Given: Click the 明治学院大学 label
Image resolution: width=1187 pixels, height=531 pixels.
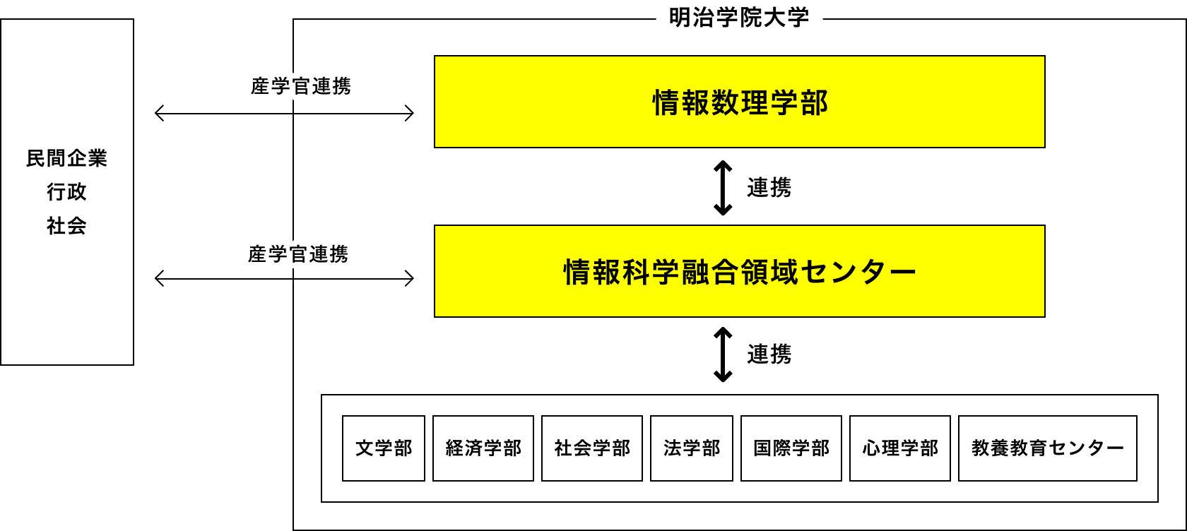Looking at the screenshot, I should coord(738,18).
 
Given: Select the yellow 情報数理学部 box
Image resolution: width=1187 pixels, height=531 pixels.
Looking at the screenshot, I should coord(739,102).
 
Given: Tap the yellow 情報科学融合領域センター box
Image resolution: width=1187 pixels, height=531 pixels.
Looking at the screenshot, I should coord(739,271).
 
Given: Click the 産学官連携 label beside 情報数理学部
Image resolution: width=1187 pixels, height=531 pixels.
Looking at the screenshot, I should coord(300,86).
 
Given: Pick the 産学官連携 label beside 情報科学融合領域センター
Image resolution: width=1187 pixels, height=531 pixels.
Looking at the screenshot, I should coord(298,254).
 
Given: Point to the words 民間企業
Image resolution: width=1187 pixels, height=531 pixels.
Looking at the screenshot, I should coord(66,158).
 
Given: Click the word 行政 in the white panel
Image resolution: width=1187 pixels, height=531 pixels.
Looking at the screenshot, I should coord(66,192).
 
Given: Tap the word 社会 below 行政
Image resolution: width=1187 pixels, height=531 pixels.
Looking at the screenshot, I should coord(66,226).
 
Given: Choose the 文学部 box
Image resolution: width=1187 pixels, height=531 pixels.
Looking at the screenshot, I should coord(384,448).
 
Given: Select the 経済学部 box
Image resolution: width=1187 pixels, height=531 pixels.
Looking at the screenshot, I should coord(483,448).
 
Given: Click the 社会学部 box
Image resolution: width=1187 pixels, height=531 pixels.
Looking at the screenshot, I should coord(592,448).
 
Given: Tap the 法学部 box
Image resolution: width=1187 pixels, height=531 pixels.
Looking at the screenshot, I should coord(692,448).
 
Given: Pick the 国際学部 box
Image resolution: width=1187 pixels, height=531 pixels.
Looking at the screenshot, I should coord(791,448).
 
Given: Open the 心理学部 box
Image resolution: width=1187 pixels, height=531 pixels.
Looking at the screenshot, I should coord(900,448).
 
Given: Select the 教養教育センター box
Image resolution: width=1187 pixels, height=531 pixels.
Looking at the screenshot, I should coord(1047,448).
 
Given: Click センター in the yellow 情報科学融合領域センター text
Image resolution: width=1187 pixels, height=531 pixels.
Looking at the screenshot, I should coord(858,272).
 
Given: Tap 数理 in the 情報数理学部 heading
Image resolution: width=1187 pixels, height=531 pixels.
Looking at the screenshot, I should coord(740,103).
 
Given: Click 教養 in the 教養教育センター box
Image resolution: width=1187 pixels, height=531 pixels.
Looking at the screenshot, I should coord(990,448).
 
